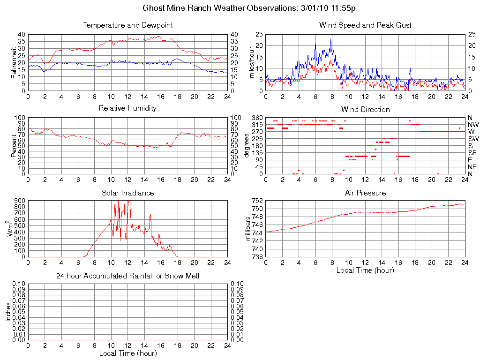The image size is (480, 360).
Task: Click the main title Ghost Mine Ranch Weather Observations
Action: click(249, 8)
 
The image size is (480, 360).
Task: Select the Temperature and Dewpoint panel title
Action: click(127, 25)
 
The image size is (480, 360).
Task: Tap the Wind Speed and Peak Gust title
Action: click(365, 25)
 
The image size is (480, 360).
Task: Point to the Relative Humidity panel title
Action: click(127, 108)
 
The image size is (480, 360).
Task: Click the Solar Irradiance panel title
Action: click(127, 193)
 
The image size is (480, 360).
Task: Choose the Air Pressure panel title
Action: click(365, 193)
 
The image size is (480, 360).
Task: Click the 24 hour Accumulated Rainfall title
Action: click(127, 276)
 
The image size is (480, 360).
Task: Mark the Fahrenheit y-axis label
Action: click(14, 62)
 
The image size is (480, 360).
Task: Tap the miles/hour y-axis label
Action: click(252, 62)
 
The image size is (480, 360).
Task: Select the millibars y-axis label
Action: click(249, 229)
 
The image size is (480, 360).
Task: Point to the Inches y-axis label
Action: click(8, 312)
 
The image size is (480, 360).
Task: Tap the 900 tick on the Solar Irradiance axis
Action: click(20, 201)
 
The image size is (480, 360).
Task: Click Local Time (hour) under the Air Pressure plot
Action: click(365, 270)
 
